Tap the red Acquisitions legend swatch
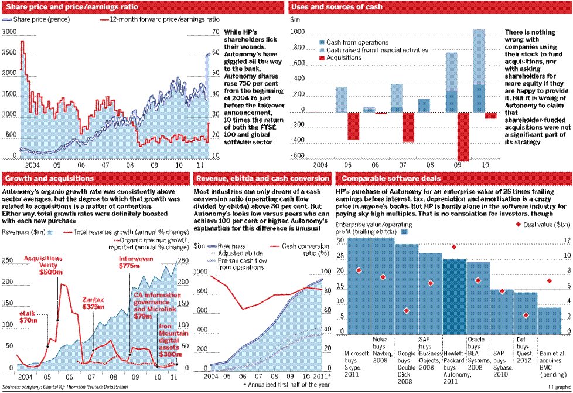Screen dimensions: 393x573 pos(321,59)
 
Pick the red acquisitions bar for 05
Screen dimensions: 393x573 pos(353,126)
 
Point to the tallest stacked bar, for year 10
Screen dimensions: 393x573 pos(479,70)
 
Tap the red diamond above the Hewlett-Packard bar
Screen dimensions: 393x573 pos(454,247)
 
